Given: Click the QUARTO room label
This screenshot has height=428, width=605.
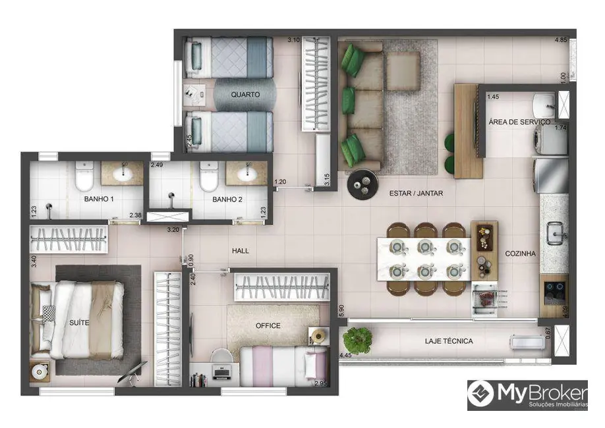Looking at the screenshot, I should tap(245, 95).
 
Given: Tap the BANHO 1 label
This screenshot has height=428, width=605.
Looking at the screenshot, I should tap(99, 198).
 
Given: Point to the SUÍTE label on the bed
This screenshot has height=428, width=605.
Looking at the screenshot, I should tap(81, 323).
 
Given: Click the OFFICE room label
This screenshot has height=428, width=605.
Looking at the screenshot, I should tap(268, 325).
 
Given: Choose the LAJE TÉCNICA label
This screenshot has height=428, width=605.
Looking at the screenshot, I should tap(449, 341).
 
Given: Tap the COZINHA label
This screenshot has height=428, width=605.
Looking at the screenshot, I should tap(521, 254).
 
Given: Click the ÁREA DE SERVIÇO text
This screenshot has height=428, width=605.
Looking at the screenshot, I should tap(519, 122).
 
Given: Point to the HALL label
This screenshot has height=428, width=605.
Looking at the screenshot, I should tap(240, 251).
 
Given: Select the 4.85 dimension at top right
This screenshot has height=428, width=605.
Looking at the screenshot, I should tap(560, 41).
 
